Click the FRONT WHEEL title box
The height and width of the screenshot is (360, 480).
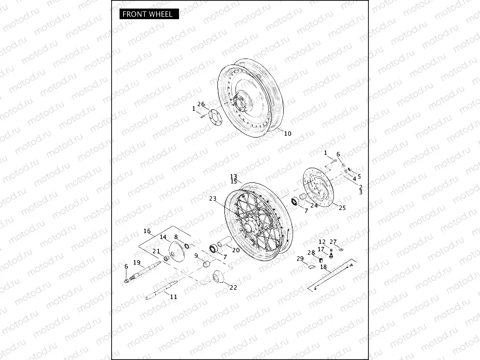[149, 14]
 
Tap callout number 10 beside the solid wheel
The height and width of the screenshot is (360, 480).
[288, 133]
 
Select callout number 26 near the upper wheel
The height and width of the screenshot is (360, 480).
[201, 104]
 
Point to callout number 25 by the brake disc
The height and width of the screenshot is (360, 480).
[342, 208]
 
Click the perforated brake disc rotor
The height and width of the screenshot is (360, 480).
[319, 187]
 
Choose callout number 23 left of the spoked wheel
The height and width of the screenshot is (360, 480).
[213, 199]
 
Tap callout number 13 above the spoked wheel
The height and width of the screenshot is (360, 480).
[234, 177]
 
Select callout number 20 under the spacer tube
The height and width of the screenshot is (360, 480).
[236, 250]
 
